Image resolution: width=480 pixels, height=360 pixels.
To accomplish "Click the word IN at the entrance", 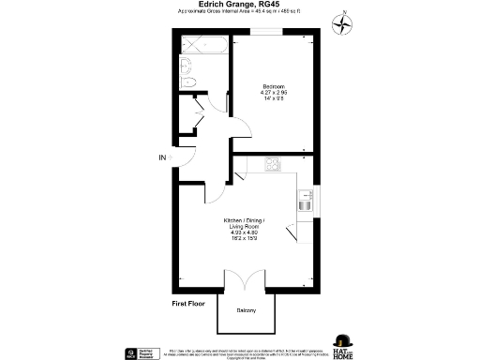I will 162,157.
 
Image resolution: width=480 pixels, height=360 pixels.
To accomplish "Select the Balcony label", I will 247,310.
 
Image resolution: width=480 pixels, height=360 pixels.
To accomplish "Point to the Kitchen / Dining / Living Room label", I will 240,224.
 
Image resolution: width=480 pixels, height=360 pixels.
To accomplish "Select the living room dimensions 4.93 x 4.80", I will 240,232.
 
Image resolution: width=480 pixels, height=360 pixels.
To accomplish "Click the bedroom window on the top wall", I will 264,32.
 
